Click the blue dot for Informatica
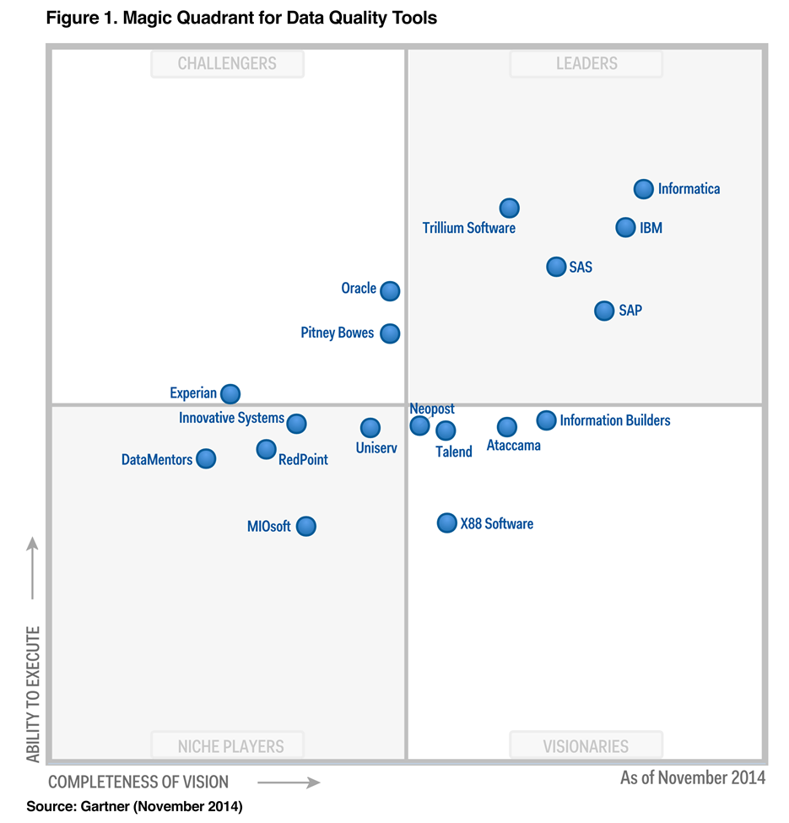644,188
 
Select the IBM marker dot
625,227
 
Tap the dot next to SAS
555,267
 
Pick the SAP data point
604,311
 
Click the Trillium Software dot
509,208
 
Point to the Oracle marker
389,290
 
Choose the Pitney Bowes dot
389,333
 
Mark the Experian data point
230,393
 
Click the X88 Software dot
446,523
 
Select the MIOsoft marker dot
306,527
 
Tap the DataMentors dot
206,458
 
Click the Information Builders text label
615,420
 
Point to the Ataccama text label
514,446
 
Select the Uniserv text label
376,448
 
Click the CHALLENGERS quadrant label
227,63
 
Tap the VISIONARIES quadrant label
586,746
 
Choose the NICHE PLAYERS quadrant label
230,746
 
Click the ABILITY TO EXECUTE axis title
33,694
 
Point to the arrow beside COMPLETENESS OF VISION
289,782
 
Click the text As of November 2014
693,777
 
